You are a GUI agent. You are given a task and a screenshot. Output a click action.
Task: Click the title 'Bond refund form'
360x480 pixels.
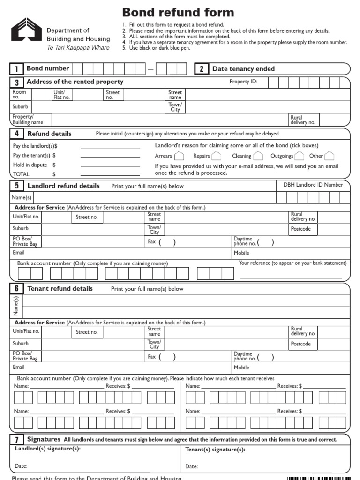click(178, 13)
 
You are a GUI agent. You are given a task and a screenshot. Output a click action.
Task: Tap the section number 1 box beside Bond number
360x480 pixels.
click(16, 69)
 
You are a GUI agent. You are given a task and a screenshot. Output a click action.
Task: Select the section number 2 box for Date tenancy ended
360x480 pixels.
click(202, 69)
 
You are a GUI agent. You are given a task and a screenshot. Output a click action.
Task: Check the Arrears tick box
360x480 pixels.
click(179, 156)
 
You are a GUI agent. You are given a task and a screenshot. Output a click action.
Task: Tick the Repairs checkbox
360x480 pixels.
click(216, 156)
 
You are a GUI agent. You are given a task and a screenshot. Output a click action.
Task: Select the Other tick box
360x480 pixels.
click(330, 156)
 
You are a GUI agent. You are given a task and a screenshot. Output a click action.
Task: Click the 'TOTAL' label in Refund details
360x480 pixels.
click(21, 174)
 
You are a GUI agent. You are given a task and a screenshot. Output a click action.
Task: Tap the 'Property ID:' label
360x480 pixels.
click(243, 82)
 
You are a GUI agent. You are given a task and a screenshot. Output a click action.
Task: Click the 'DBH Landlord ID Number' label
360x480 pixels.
click(313, 185)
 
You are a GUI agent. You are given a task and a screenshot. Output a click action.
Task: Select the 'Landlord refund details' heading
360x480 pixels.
click(63, 186)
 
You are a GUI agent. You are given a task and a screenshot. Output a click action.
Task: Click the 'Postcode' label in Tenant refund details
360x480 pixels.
click(300, 344)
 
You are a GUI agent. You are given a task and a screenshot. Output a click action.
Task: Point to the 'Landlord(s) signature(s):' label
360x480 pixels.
click(47, 449)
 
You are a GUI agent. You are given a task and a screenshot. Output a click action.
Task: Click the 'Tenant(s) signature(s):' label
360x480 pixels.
click(215, 450)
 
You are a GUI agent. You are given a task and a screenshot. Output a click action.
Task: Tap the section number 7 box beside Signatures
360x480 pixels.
click(16, 440)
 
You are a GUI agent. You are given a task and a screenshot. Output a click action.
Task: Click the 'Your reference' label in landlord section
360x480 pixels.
click(292, 263)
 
